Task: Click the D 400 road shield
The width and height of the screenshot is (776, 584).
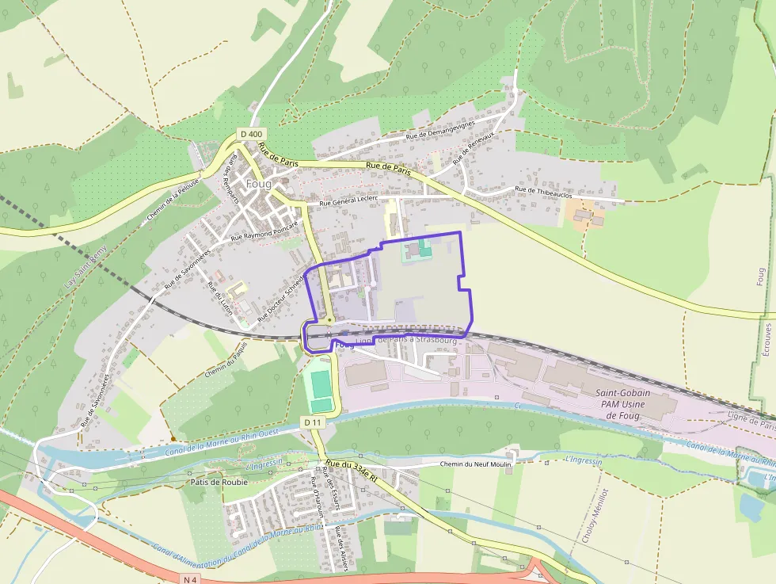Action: [251, 134]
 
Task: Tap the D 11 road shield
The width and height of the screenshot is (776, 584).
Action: [314, 422]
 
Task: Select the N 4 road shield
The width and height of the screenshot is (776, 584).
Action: [188, 579]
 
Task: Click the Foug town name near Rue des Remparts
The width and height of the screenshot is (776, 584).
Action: [258, 184]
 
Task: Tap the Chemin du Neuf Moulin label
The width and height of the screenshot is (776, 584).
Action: [475, 463]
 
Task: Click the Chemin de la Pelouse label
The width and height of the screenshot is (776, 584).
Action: [173, 204]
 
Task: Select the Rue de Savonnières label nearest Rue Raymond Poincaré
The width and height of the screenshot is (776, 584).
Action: [188, 268]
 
